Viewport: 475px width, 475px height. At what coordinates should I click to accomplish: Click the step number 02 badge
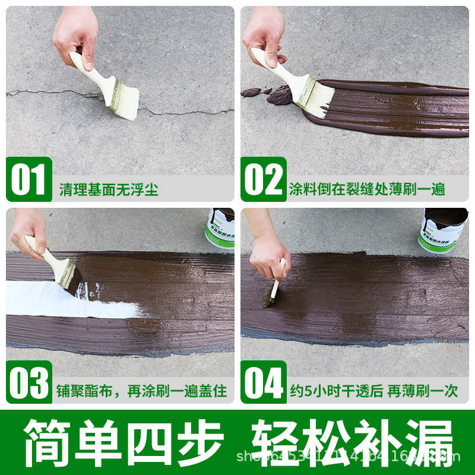[x=264, y=179]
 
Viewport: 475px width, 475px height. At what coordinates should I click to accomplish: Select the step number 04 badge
[x=264, y=383]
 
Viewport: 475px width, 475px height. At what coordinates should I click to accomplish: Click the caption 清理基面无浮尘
[x=109, y=189]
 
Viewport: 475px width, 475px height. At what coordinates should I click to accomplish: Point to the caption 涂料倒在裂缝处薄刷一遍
[x=366, y=189]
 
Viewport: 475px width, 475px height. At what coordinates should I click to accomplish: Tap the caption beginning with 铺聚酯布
[x=142, y=392]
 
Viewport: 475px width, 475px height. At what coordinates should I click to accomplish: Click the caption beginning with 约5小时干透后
[x=373, y=392]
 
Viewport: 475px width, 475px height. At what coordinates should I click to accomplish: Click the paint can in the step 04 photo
[x=443, y=229]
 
